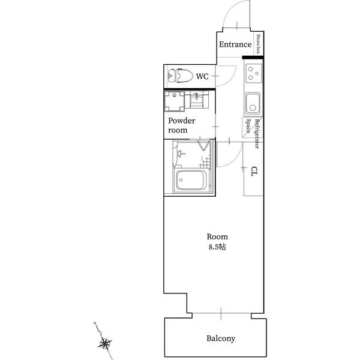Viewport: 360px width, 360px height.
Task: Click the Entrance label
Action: click(x=235, y=44)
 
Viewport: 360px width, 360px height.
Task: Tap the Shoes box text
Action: click(x=259, y=44)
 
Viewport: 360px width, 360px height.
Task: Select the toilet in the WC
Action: click(x=181, y=76)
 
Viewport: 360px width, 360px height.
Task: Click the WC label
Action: click(x=202, y=76)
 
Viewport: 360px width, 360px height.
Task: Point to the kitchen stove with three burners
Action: click(x=254, y=73)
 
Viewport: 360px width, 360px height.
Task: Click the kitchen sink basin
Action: click(x=253, y=104)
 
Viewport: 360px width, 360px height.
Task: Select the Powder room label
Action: click(x=182, y=125)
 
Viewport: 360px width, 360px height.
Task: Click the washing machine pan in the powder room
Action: click(x=175, y=101)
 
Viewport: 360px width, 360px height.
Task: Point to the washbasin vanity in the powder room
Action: click(x=197, y=100)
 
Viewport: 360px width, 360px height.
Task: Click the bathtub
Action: click(x=191, y=180)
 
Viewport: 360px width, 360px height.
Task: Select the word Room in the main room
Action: click(x=217, y=236)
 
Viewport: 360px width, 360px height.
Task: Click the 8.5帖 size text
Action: click(x=217, y=247)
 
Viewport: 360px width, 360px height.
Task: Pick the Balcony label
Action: click(x=221, y=338)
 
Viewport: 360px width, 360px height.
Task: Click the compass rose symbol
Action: click(x=104, y=344)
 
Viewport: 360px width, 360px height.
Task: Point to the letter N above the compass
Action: click(x=95, y=323)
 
